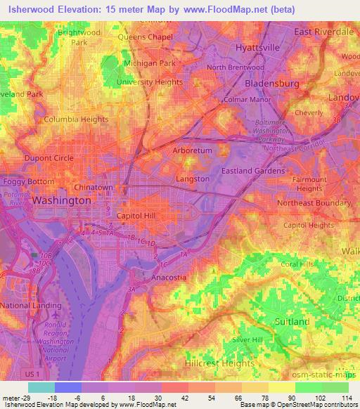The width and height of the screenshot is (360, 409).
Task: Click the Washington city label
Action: [62, 200]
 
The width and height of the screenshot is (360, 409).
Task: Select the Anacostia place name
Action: [169, 278]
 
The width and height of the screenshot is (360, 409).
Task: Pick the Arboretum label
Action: [192, 150]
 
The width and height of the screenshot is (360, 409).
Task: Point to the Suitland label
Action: [293, 321]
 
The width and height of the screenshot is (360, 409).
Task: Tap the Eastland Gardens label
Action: [253, 171]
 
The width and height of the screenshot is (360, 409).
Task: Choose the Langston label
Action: [192, 179]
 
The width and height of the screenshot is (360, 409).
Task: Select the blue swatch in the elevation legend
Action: [68, 387]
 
